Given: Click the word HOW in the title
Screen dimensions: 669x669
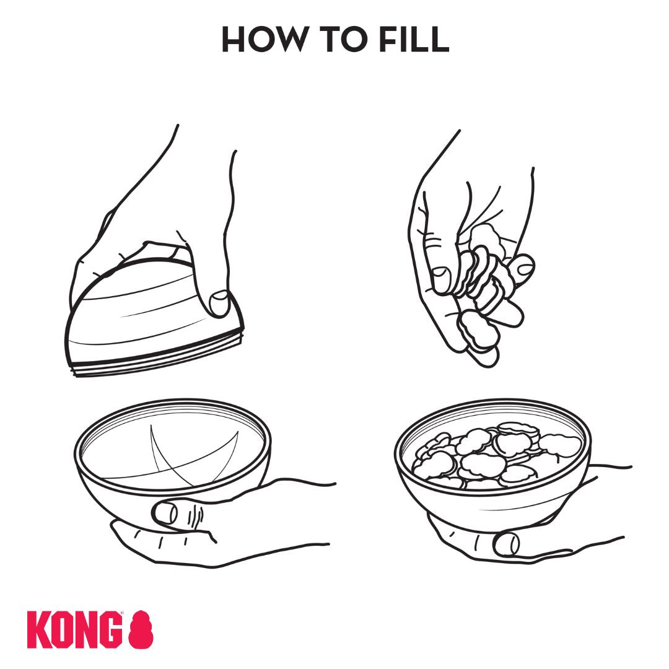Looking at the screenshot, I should click(x=263, y=39).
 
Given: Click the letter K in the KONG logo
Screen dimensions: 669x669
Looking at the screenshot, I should click(x=38, y=630).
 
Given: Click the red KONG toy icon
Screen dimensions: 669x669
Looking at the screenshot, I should click(x=141, y=630).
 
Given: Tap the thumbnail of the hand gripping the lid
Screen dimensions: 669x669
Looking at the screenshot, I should click(x=219, y=303).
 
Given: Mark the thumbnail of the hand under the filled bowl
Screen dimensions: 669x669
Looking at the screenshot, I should click(x=506, y=544).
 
